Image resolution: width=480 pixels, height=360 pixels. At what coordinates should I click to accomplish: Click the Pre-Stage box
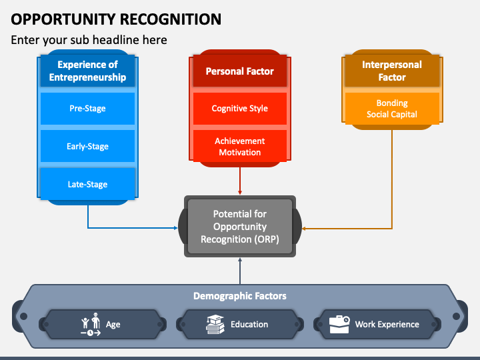87,109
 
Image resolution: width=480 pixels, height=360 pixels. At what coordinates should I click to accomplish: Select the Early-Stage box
87,146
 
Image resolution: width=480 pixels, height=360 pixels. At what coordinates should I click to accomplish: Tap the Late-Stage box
87,184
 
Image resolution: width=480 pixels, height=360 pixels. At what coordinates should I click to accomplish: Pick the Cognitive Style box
240,109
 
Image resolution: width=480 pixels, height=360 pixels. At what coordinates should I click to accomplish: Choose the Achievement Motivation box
240,146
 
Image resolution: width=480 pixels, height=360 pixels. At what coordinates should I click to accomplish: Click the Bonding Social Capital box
392,109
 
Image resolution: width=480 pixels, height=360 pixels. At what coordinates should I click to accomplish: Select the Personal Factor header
240,71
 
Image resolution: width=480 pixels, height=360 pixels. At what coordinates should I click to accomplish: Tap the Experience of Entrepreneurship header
87,71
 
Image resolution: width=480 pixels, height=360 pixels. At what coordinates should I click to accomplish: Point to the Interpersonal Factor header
392,71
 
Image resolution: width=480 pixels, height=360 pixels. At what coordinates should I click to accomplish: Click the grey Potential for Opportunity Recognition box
240,226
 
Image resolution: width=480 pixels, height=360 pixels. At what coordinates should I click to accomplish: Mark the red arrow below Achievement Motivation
240,181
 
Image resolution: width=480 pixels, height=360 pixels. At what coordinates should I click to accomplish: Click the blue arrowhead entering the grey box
176,228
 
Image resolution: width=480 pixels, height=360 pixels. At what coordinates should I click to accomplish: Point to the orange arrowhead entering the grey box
304,229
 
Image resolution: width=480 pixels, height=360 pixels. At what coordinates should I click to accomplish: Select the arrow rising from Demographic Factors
240,271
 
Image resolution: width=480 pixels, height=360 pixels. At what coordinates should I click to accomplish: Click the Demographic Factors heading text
240,296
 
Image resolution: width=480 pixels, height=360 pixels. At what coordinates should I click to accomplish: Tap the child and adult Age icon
91,324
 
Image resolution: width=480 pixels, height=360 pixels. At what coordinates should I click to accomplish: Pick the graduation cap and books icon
215,324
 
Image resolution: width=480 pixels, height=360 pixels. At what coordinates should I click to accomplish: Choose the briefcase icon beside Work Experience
339,324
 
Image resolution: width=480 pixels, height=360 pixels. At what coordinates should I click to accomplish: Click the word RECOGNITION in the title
171,19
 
